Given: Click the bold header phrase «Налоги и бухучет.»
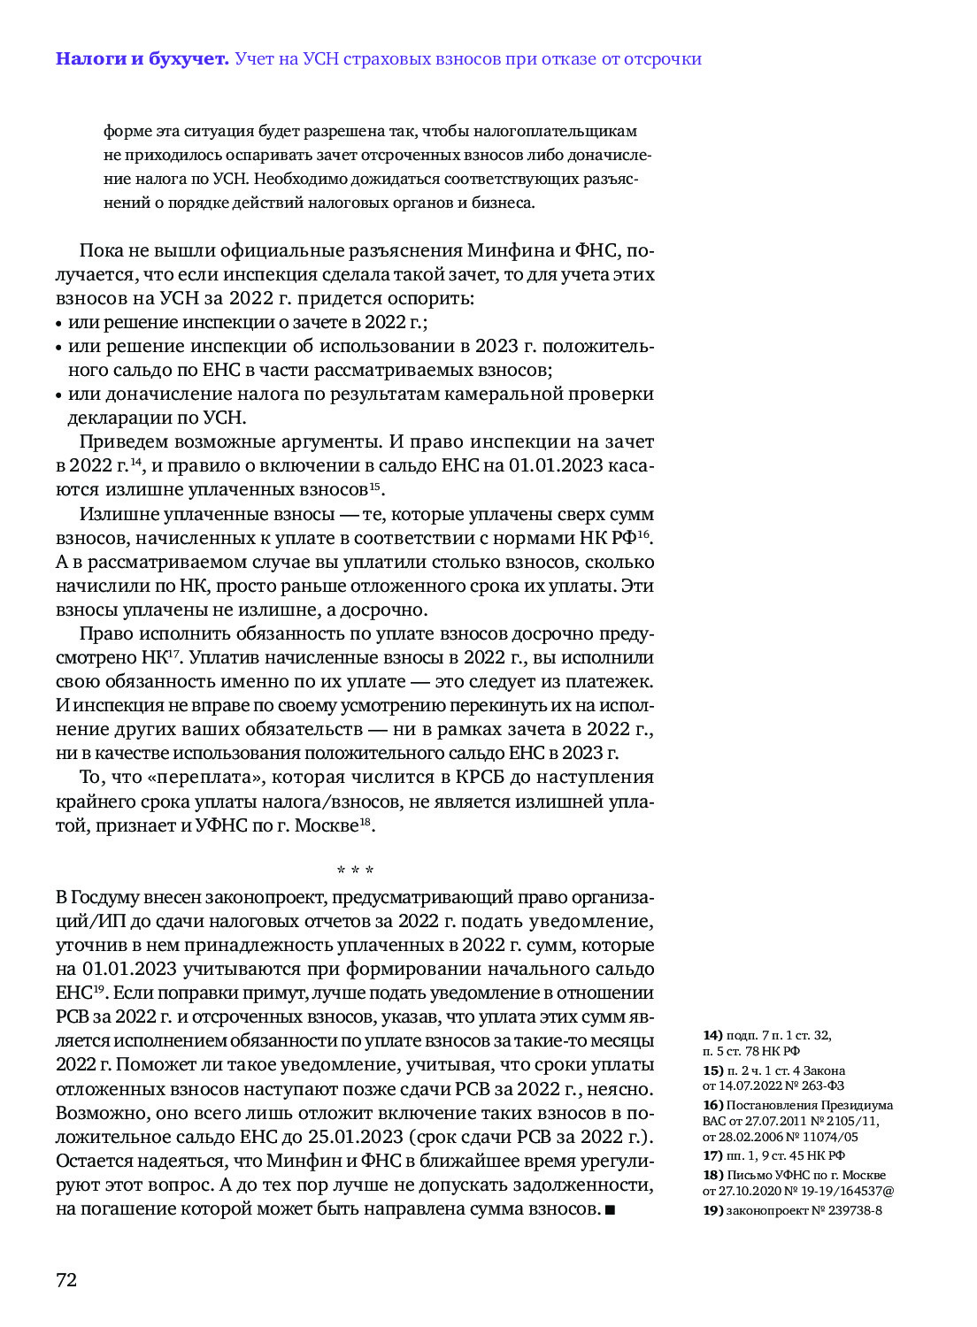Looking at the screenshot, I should click(142, 59).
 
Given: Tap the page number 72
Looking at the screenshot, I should click(66, 1280).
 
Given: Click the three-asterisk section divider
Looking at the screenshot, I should click(355, 871).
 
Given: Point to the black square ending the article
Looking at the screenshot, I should click(610, 1209).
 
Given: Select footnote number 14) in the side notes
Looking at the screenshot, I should click(712, 1035).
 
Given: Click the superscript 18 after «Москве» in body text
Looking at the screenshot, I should click(365, 823).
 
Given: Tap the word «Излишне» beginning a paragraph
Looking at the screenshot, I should click(119, 515).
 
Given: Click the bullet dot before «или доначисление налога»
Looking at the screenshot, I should click(59, 396).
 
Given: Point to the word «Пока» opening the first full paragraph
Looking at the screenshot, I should click(101, 250).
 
